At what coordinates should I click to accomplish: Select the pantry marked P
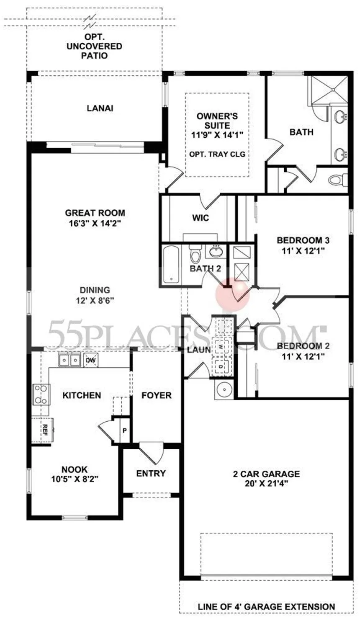[x=124, y=430]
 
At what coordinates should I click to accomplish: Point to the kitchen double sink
[x=69, y=360]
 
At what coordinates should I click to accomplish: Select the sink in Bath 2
[x=216, y=251]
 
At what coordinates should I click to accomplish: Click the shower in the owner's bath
[x=329, y=89]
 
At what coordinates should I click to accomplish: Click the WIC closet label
[x=201, y=218]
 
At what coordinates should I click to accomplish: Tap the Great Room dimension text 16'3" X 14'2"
[x=95, y=223]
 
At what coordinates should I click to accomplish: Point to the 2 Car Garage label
[x=266, y=474]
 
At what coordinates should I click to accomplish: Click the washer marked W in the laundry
[x=221, y=347]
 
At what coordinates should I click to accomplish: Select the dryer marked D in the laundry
[x=221, y=366]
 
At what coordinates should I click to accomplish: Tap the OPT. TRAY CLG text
[x=217, y=154]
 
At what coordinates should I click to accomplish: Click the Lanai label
[x=100, y=108]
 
